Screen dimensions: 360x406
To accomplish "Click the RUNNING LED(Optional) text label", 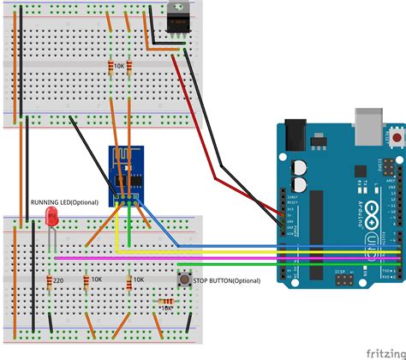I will [x=65, y=202].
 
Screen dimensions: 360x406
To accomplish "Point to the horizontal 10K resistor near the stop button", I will [x=165, y=301].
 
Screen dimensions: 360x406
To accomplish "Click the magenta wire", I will [x=257, y=255].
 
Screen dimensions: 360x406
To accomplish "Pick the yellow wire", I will [x=257, y=249].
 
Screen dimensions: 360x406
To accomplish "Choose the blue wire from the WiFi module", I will [x=257, y=243].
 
